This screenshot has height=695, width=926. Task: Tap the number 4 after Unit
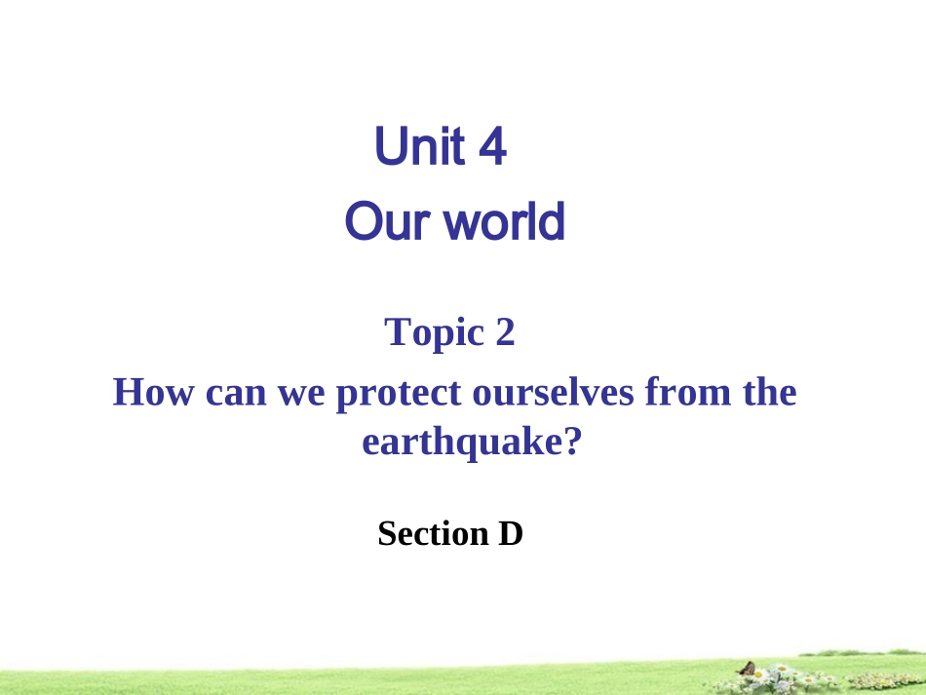coord(492,149)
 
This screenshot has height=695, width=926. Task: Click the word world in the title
coord(504,222)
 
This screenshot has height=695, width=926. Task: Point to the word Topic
coord(435,333)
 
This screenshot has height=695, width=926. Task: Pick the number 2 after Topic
coord(504,332)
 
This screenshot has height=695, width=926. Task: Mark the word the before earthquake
coord(769,393)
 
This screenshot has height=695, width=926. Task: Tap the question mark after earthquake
coord(572,443)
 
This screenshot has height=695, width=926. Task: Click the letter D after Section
coord(512,533)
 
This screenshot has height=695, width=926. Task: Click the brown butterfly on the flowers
coord(748,669)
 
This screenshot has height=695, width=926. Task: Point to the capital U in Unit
coord(391,148)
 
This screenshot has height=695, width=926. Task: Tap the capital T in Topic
coord(397,332)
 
